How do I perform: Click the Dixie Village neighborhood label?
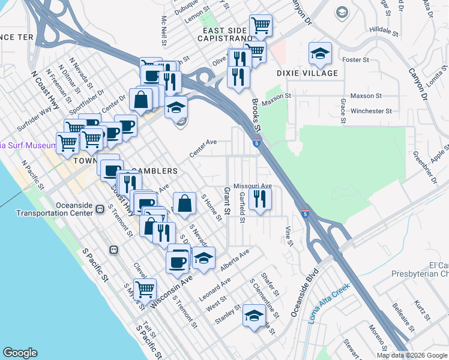[x=307, y=73]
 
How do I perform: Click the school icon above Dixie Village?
[x=321, y=55]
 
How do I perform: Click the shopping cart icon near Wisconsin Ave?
[x=145, y=290]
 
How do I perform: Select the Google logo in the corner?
[x=20, y=353]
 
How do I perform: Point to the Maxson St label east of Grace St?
[x=366, y=95]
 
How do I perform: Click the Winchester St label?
[x=371, y=111]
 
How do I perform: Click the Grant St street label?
[x=227, y=201]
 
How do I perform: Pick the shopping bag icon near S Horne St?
[x=184, y=203]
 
